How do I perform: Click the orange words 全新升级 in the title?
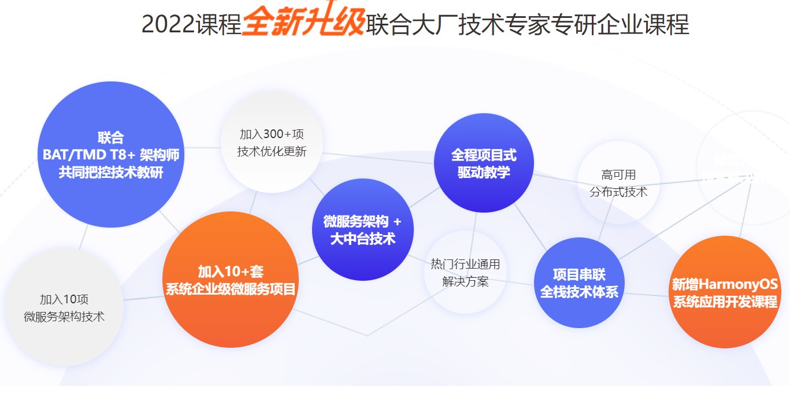pyautogui.click(x=303, y=23)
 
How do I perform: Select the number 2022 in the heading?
pyautogui.click(x=168, y=24)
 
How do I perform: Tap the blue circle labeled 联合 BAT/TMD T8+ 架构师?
pyautogui.click(x=110, y=154)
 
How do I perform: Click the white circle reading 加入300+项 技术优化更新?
pyautogui.click(x=272, y=143)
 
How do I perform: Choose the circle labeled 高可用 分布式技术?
pyautogui.click(x=618, y=183)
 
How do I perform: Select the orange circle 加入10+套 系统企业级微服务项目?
pyautogui.click(x=231, y=280)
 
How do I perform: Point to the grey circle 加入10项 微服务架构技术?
pyautogui.click(x=64, y=307)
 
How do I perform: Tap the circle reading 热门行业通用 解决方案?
pyautogui.click(x=465, y=272)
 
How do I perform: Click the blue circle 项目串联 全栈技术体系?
pyautogui.click(x=579, y=283)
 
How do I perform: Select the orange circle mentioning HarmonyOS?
pyautogui.click(x=724, y=292)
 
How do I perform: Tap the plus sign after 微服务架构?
pyautogui.click(x=397, y=222)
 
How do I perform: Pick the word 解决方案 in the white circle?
pyautogui.click(x=465, y=281)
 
